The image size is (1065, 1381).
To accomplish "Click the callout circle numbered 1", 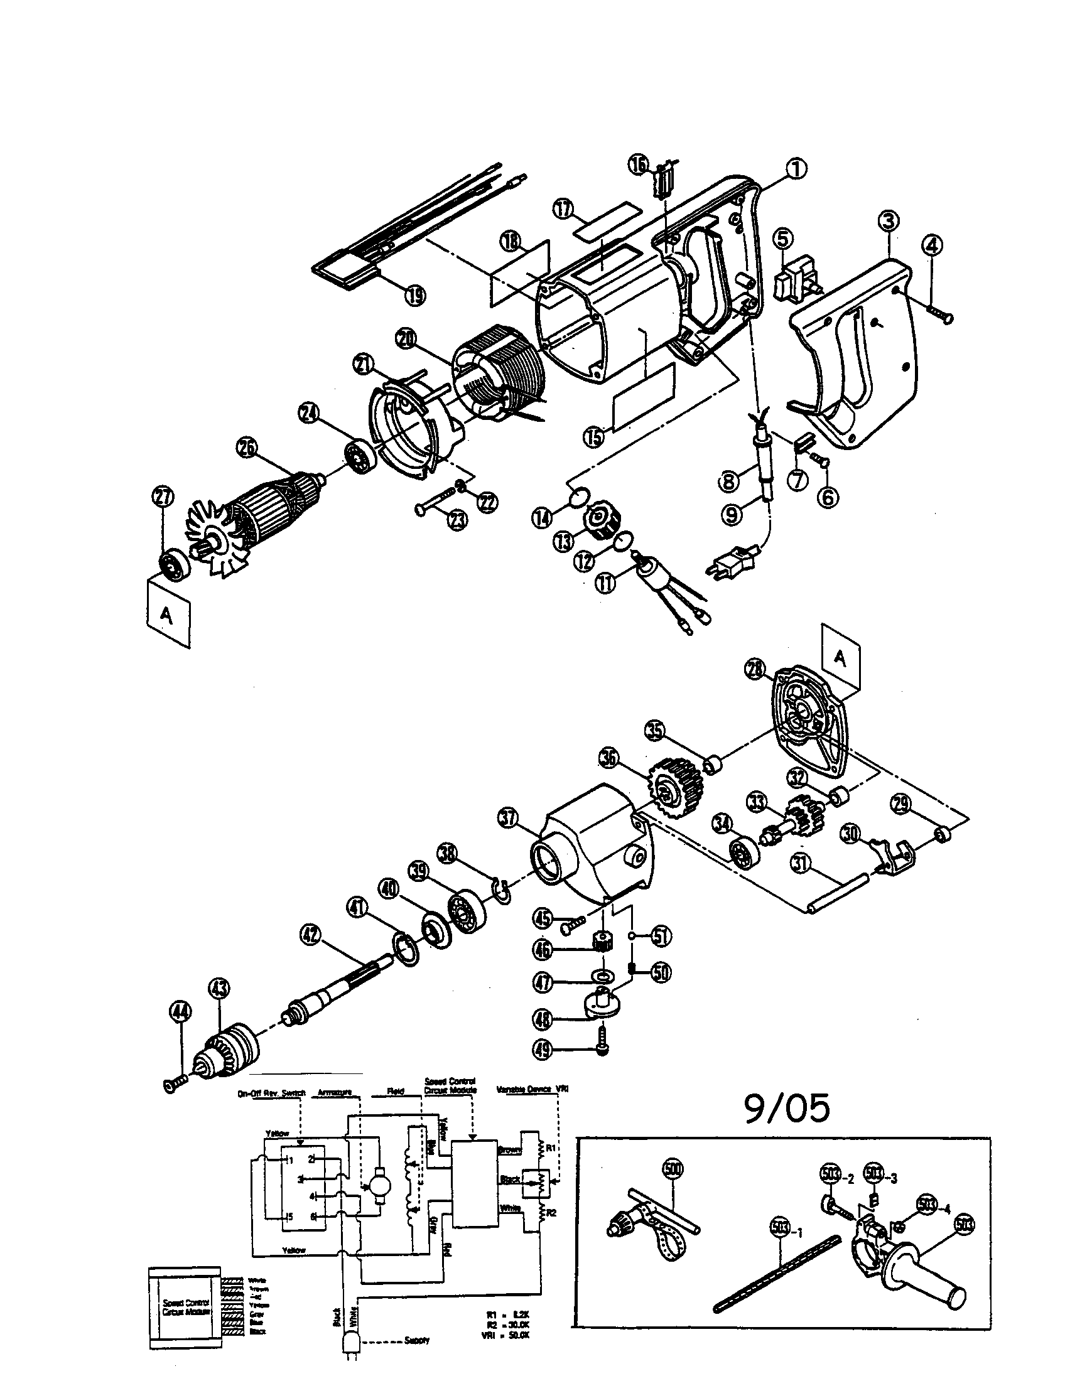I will point(796,169).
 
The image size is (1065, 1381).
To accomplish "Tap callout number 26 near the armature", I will point(247,448).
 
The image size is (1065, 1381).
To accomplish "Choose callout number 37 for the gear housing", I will point(509,819).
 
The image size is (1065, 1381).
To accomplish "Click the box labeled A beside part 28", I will point(840,657).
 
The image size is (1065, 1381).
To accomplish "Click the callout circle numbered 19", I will point(414,294).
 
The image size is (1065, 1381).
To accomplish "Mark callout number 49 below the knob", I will point(543,1050).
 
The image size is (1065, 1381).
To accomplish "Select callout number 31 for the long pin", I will point(802,863).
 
